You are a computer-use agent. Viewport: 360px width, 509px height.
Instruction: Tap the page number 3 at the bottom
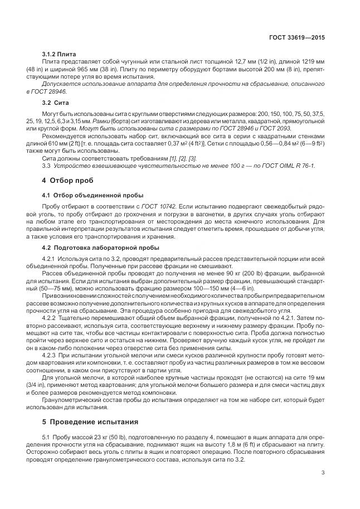(x=323, y=473)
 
